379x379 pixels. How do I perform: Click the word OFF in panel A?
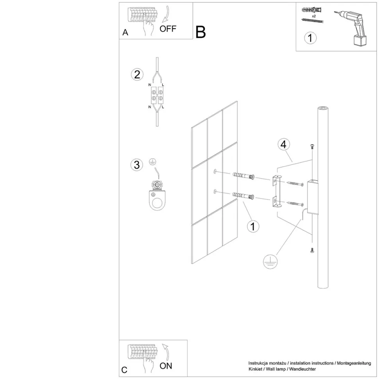point(168,29)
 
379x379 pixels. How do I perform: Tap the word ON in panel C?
point(166,366)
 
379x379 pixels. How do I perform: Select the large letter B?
point(200,32)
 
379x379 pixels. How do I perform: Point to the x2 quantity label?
point(314,16)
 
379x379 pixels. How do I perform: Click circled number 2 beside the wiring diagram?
point(137,75)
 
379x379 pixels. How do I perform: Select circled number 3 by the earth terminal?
point(137,165)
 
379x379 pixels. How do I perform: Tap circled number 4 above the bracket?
point(284,144)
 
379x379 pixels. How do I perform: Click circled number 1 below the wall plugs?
point(253,227)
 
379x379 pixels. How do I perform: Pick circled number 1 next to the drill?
point(310,38)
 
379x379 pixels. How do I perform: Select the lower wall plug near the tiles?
point(243,195)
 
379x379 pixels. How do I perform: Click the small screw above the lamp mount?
point(312,146)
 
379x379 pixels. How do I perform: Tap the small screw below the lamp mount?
point(312,250)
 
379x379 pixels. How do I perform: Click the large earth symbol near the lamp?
point(270,261)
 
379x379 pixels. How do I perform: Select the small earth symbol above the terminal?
point(152,162)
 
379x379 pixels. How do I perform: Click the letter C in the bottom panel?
point(124,370)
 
